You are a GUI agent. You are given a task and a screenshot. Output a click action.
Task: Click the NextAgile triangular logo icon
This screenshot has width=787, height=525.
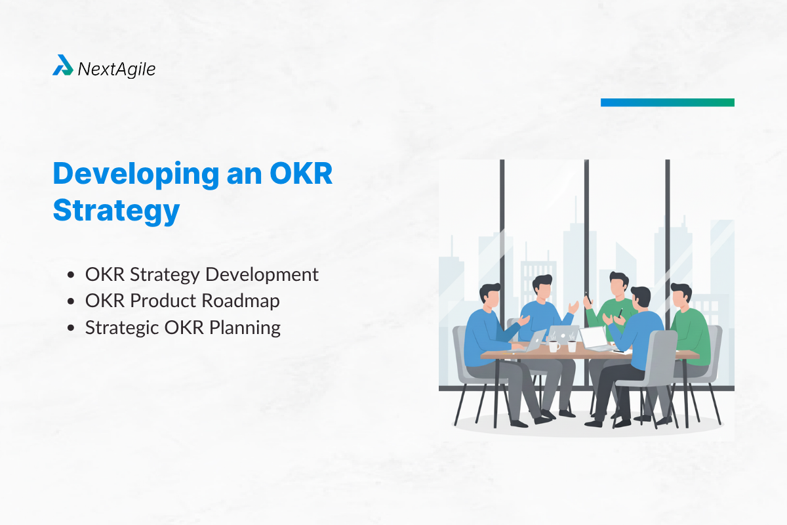coord(63,66)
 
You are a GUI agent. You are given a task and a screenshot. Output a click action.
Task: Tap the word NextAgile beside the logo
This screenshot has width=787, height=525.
coord(117,68)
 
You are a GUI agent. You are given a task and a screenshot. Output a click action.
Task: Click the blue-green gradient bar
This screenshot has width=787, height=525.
coord(667,102)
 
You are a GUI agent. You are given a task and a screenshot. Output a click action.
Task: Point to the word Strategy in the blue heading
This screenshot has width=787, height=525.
coord(116,211)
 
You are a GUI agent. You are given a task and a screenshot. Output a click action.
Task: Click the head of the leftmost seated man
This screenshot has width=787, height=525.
coord(490,297)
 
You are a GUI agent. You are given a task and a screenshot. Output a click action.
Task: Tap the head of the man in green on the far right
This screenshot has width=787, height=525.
coord(680,297)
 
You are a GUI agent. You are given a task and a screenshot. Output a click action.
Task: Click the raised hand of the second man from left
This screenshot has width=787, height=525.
coord(575,305)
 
